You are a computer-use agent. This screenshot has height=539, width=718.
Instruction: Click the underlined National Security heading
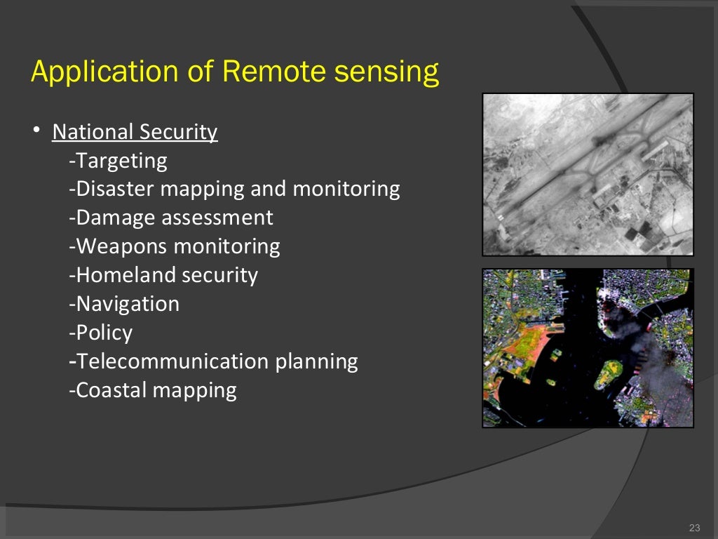click(x=135, y=132)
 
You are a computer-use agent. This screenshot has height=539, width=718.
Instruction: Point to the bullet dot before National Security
click(x=36, y=131)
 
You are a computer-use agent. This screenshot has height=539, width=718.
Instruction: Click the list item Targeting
click(x=118, y=161)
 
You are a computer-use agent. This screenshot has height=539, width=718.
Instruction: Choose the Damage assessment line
click(x=171, y=218)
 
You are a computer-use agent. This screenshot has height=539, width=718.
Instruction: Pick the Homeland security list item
click(x=163, y=275)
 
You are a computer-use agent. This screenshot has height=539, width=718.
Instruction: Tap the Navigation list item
click(x=125, y=304)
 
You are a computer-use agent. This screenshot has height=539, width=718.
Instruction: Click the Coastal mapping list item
click(x=153, y=390)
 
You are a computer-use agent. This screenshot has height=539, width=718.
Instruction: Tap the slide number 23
click(x=695, y=528)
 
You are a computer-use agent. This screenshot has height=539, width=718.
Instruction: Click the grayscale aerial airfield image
click(x=588, y=174)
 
